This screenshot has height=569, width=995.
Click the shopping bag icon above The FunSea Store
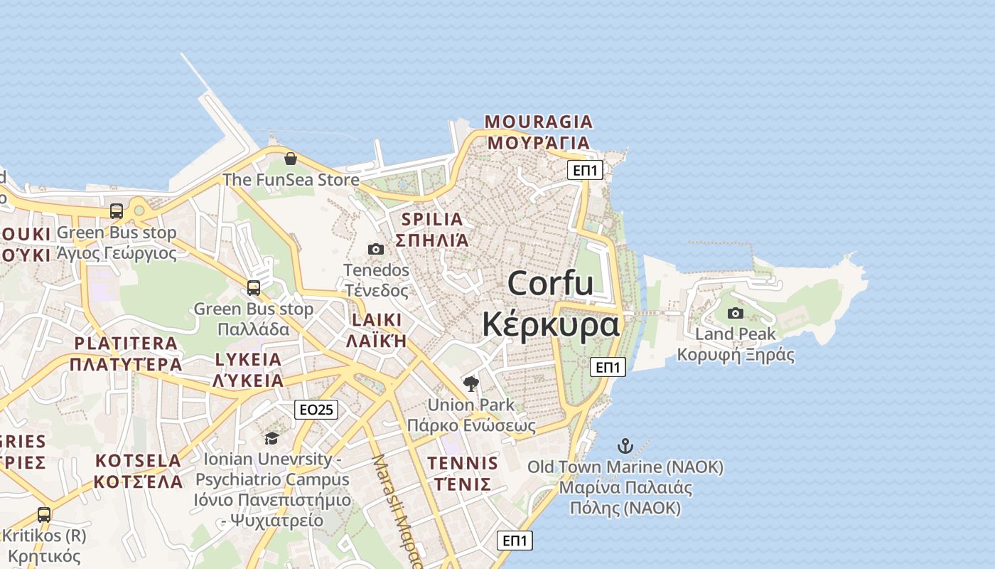point(290,159)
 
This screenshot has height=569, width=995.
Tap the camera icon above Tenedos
point(376,249)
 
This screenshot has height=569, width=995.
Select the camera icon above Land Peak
point(736,313)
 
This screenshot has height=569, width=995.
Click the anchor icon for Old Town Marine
point(625,446)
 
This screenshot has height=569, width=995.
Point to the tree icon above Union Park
point(470,384)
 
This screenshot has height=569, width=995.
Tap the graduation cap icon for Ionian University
point(271,437)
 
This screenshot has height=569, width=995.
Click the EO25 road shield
point(316,409)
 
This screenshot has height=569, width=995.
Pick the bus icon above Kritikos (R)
point(44,514)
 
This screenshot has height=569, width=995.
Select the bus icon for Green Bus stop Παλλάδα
point(254,288)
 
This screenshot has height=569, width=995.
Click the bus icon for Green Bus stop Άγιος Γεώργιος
point(117,211)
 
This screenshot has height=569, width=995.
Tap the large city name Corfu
point(551,283)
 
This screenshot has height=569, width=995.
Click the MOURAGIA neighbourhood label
point(539,122)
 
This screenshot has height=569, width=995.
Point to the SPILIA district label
point(432,219)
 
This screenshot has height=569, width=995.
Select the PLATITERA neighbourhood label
point(126,344)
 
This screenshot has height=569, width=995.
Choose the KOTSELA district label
point(139,460)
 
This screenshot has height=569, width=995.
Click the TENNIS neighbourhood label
point(463,464)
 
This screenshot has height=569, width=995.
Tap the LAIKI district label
point(376,319)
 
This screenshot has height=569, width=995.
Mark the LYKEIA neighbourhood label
point(248,359)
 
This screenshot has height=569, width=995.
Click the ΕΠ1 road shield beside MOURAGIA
point(586,170)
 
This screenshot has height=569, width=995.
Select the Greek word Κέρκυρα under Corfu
point(551,325)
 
